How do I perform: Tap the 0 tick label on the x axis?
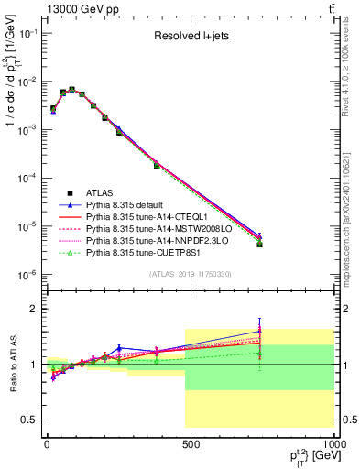(x=47, y=446)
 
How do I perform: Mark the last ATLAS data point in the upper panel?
(x=260, y=245)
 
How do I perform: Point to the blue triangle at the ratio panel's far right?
(x=260, y=332)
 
